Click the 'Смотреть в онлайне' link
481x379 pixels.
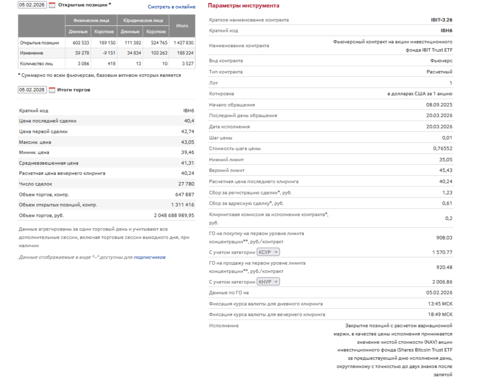click(x=171, y=7)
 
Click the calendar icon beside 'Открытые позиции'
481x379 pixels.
click(x=52, y=5)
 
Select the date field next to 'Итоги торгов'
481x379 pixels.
click(x=32, y=90)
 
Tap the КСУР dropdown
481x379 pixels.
click(x=268, y=252)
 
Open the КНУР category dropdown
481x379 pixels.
click(x=268, y=282)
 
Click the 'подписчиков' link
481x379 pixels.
click(x=149, y=257)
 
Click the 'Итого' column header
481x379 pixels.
click(x=182, y=26)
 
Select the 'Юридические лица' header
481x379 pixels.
click(x=143, y=21)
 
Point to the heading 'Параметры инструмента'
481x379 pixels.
click(x=244, y=6)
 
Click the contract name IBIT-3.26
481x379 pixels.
click(x=438, y=20)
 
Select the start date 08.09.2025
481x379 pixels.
click(x=439, y=105)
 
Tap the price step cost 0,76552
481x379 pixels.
click(x=443, y=148)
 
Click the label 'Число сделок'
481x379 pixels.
click(x=35, y=184)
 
